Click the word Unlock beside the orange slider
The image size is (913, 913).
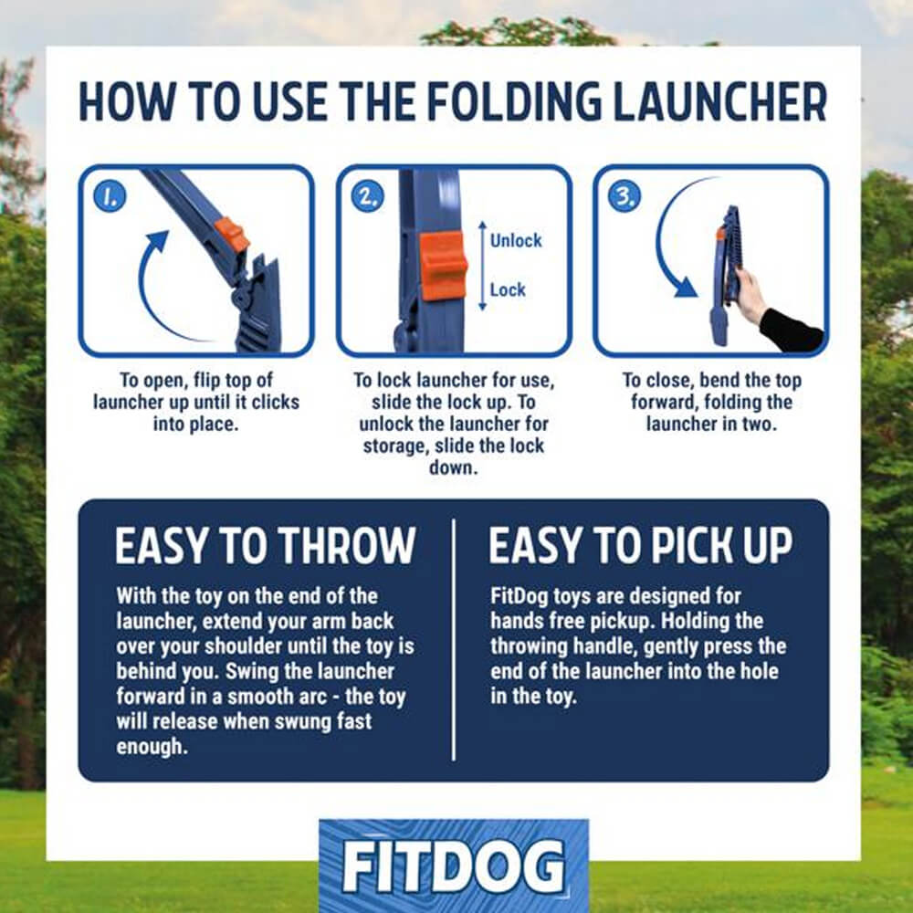pyautogui.click(x=516, y=241)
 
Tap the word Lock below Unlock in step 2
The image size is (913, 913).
pyautogui.click(x=508, y=289)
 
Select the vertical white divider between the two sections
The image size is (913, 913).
pyautogui.click(x=454, y=639)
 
